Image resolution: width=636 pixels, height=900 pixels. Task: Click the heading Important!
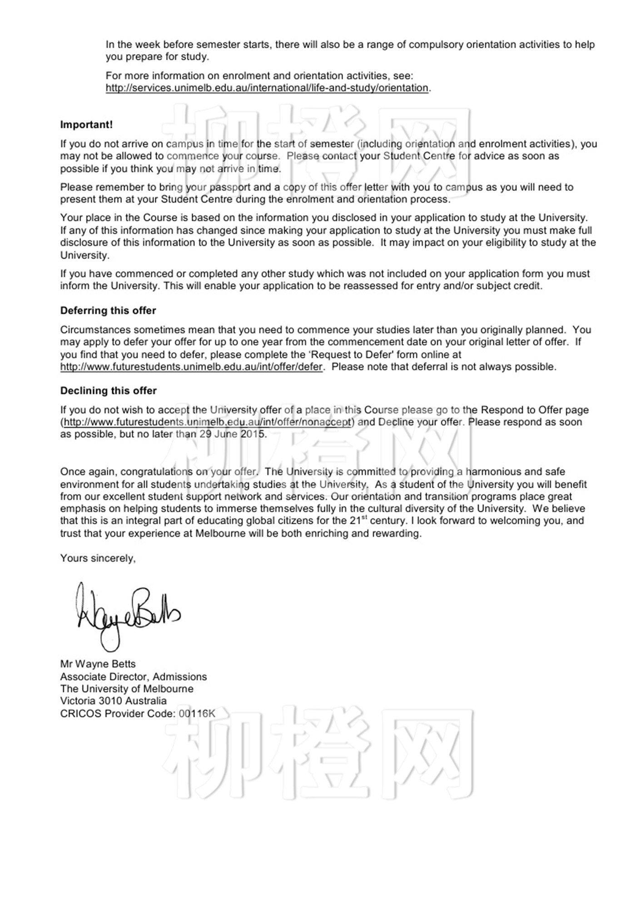(x=86, y=125)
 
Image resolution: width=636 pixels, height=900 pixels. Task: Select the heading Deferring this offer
(x=108, y=310)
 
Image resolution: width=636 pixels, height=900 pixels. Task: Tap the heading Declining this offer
(x=109, y=390)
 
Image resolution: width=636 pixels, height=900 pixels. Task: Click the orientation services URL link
(x=267, y=88)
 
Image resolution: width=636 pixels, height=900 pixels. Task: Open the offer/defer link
(x=191, y=367)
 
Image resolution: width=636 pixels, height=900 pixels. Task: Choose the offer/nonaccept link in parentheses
(x=208, y=422)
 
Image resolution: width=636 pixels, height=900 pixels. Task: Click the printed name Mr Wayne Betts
(x=98, y=664)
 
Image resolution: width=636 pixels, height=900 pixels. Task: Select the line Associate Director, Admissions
(x=134, y=676)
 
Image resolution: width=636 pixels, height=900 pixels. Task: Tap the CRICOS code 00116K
(x=197, y=713)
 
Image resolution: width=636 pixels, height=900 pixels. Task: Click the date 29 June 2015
(x=232, y=434)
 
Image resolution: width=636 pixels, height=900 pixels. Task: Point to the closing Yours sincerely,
(x=98, y=558)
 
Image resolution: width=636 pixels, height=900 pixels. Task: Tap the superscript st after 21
(x=364, y=518)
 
